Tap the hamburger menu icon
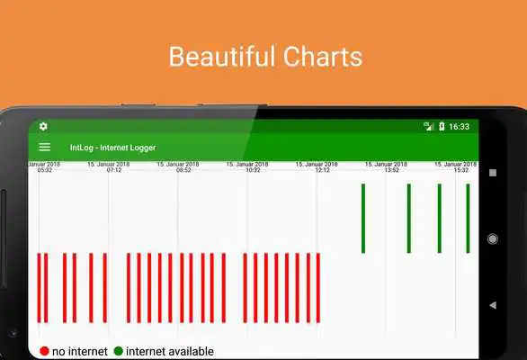pyautogui.click(x=44, y=147)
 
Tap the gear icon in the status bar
pyautogui.click(x=43, y=127)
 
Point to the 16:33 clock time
pyautogui.click(x=459, y=127)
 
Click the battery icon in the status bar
pyautogui.click(x=442, y=127)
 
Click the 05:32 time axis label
pyautogui.click(x=45, y=170)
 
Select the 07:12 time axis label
pyautogui.click(x=114, y=170)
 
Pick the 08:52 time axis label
pyautogui.click(x=183, y=170)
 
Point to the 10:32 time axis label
pyautogui.click(x=253, y=170)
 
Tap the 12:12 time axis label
pyautogui.click(x=322, y=170)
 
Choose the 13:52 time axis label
pyautogui.click(x=391, y=170)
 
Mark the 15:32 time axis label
pyautogui.click(x=460, y=170)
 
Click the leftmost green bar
pyautogui.click(x=363, y=218)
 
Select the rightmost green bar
pyautogui.click(x=468, y=218)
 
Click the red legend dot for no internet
pyautogui.click(x=44, y=351)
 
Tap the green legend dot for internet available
pyautogui.click(x=118, y=351)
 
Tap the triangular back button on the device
pyautogui.click(x=492, y=305)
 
